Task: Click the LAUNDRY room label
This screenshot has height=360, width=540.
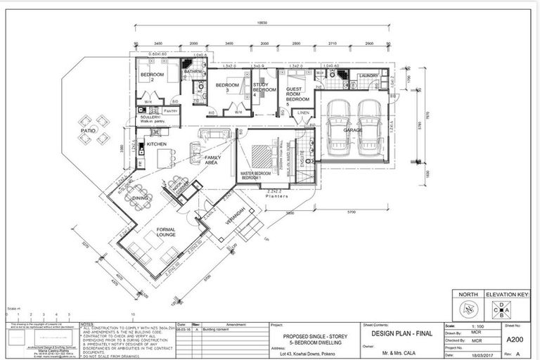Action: [368, 75]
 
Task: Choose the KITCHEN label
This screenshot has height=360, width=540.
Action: [156, 144]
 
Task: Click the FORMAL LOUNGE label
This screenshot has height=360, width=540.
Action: [166, 231]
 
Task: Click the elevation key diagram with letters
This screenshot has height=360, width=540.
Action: [501, 309]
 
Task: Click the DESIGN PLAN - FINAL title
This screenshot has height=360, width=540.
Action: [391, 333]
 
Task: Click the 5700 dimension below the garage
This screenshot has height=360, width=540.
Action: [349, 211]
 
